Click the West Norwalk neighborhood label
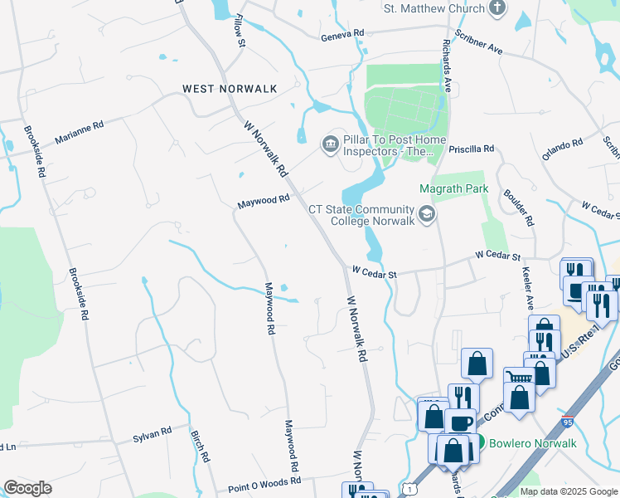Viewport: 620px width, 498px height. [x=218, y=88]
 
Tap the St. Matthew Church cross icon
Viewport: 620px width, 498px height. [x=496, y=9]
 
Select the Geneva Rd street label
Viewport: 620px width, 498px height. [x=342, y=33]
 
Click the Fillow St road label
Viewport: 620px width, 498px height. [x=240, y=30]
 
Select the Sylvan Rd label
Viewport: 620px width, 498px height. [x=152, y=433]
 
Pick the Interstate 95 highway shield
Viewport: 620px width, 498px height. [x=568, y=422]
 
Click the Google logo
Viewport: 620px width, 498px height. [x=27, y=488]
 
